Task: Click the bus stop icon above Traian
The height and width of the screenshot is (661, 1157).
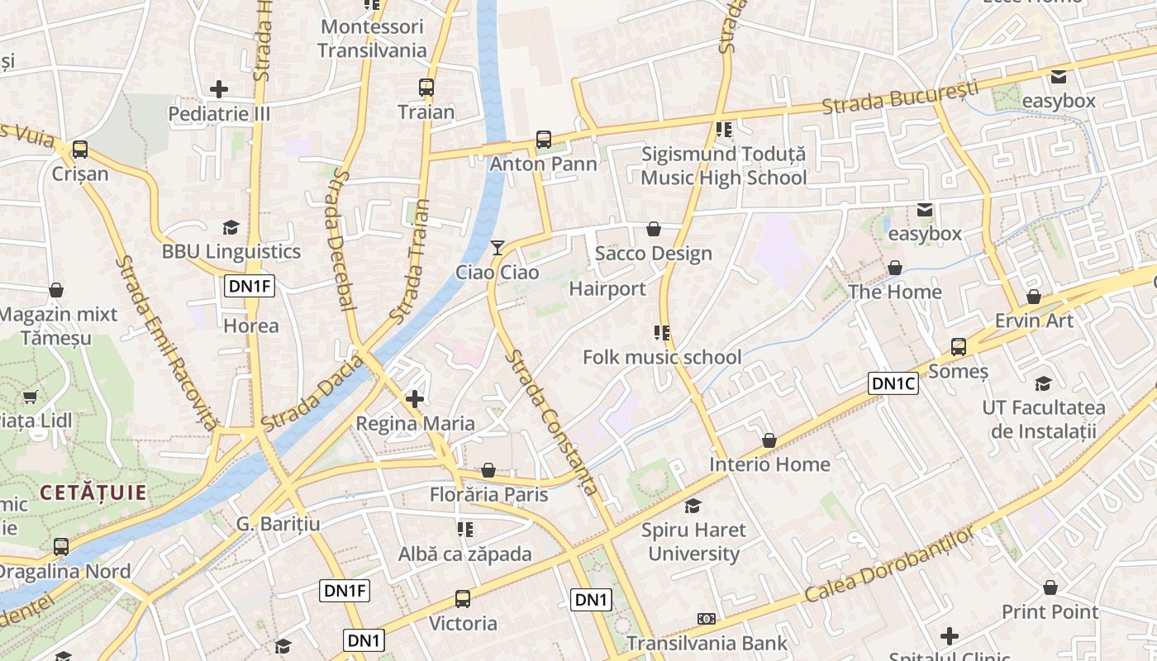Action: [x=426, y=87]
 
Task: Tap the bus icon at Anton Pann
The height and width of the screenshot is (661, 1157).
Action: [x=544, y=139]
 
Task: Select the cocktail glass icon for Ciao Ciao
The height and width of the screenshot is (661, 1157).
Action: [x=497, y=247]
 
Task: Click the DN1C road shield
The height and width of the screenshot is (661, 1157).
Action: [x=893, y=383]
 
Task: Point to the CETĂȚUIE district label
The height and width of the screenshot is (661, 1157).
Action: [x=93, y=493]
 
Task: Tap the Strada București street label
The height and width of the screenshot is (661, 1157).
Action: [x=900, y=97]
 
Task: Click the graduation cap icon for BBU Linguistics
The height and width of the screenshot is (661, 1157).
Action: [x=231, y=227]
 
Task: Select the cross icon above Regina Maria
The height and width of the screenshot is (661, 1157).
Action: [x=415, y=399]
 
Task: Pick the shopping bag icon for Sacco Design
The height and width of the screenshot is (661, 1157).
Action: [x=654, y=228]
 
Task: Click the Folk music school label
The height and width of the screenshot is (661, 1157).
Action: [x=662, y=357]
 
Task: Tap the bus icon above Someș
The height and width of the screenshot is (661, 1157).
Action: [x=959, y=347]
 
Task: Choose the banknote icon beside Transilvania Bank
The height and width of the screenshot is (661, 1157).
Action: [x=707, y=618]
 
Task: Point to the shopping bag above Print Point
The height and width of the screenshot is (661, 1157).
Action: [x=1050, y=587]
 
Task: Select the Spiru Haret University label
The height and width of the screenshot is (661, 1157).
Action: [x=694, y=541]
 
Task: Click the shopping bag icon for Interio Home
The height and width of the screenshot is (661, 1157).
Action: [x=769, y=440]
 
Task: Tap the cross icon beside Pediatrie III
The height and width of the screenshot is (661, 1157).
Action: [x=219, y=88]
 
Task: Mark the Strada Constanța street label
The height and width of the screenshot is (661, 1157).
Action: [x=552, y=422]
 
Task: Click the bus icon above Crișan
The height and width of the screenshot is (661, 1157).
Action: [x=80, y=150]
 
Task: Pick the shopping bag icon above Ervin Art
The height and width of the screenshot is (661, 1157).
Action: [x=1034, y=296]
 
